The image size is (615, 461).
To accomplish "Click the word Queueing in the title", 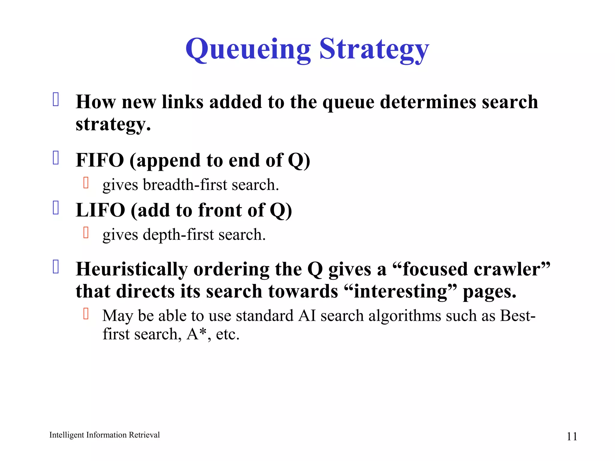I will (248, 50).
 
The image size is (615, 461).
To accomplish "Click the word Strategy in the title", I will (374, 50).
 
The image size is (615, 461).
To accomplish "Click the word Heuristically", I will (132, 269).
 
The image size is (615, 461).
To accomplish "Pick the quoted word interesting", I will (401, 291).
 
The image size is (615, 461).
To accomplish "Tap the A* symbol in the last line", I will (196, 334).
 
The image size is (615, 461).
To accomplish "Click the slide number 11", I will (571, 436).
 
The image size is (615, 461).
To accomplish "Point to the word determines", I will (428, 102).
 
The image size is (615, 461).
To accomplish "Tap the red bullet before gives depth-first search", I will (86, 233).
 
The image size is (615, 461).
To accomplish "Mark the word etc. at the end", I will (227, 334).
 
